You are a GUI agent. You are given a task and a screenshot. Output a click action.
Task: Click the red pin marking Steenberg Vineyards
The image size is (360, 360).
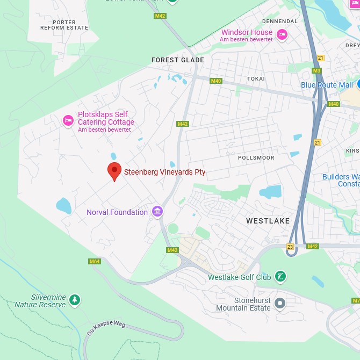tap(114, 171)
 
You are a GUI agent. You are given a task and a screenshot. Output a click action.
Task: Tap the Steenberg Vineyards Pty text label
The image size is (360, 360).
tap(164, 172)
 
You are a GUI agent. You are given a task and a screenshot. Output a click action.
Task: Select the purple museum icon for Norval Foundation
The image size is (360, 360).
tap(157, 212)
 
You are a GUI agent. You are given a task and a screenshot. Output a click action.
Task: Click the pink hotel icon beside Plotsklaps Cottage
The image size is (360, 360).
tap(68, 120)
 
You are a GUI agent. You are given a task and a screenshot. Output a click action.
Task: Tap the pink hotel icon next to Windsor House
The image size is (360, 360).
tap(282, 35)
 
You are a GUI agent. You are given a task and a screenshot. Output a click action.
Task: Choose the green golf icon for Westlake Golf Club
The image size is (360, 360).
tap(280, 277)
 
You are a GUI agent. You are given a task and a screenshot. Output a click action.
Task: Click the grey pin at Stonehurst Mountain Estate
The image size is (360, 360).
tap(279, 303)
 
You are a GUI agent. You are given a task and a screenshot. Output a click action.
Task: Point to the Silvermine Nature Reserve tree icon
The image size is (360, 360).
tap(75, 300)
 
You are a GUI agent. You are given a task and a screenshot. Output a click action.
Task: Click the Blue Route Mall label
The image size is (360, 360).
tap(327, 85)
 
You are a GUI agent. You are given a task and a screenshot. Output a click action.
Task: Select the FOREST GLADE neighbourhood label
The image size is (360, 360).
tap(177, 60)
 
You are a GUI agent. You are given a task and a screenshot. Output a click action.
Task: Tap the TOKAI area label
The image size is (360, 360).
tap(256, 78)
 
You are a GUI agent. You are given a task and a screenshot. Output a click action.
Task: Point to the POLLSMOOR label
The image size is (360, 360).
tap(256, 157)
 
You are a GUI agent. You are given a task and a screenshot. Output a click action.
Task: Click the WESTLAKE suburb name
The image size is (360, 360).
tap(268, 221)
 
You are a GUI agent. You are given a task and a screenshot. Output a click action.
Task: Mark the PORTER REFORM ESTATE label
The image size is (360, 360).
tap(64, 25)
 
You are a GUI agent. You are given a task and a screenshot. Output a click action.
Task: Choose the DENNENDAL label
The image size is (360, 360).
tap(279, 21)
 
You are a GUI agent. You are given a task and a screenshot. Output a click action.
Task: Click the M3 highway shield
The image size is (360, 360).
tap(316, 70)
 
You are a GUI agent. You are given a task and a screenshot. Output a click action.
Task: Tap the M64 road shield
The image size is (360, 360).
tap(95, 262)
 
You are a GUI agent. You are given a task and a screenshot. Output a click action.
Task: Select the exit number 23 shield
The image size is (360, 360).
tap(291, 247)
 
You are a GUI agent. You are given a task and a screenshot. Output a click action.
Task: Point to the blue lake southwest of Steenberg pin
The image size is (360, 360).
tap(63, 205)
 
